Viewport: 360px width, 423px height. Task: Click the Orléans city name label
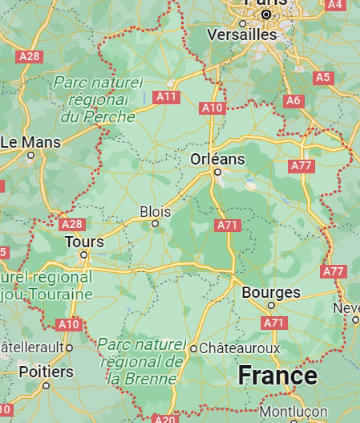point(218,159)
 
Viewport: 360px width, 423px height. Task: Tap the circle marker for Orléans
point(218,172)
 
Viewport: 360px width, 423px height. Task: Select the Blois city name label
point(155,212)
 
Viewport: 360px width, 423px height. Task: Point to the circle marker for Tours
point(84,255)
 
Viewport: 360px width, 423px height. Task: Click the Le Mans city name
point(31,143)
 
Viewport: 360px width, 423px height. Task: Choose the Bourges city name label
point(271,293)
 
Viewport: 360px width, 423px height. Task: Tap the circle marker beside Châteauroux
point(193,348)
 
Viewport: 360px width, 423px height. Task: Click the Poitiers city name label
point(46,372)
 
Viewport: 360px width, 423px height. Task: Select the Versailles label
point(242,35)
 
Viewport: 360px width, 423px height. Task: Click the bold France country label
point(278,376)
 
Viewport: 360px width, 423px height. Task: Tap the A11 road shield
point(166,97)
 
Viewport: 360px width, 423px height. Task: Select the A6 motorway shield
point(293,100)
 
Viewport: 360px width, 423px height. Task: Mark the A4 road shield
point(335,4)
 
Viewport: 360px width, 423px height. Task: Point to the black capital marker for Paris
point(266,15)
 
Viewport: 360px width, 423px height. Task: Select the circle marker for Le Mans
point(31,156)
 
